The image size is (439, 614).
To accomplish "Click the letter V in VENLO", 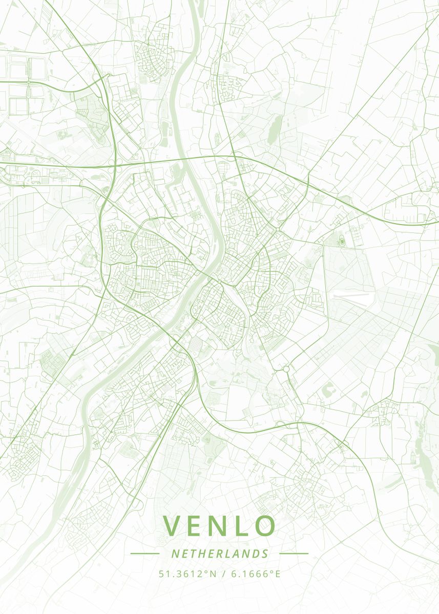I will tap(173, 525).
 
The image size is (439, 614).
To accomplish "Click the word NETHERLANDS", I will tap(220, 554).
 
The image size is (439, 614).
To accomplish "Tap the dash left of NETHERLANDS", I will tap(145, 553).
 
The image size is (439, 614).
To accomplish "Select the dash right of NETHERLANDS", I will tap(294, 553).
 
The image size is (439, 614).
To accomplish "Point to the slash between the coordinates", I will tap(223, 574).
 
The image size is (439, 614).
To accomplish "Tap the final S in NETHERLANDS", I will tap(265, 554).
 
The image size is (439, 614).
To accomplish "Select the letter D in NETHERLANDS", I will tap(256, 554).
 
